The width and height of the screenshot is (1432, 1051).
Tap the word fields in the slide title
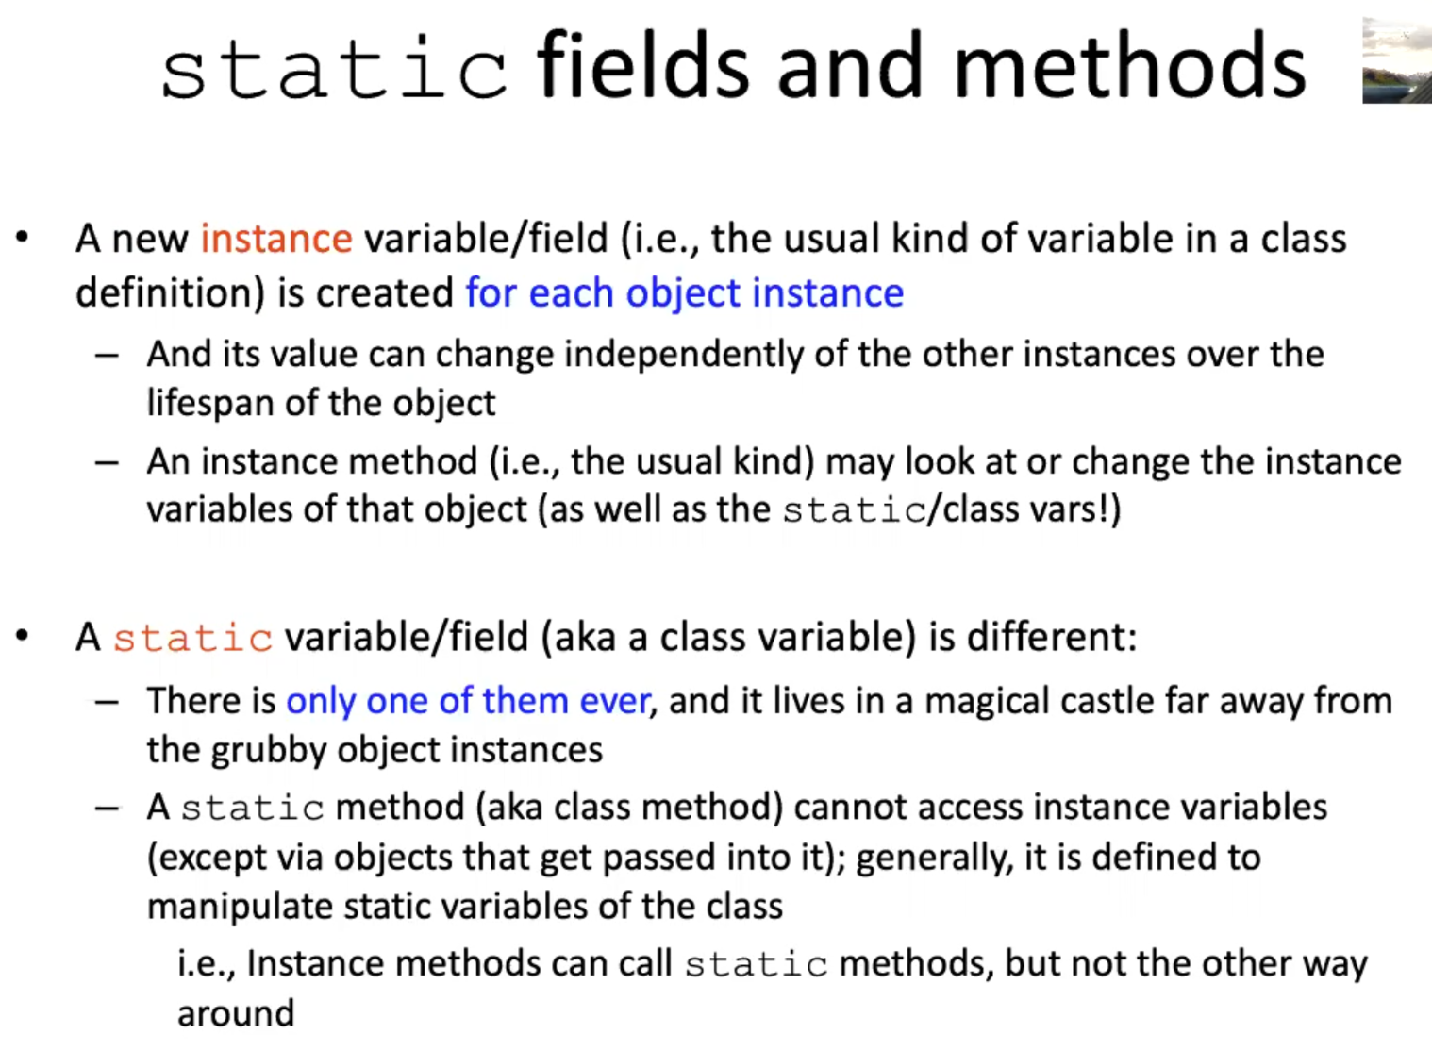tap(643, 66)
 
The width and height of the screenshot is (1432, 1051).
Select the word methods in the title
tap(1129, 66)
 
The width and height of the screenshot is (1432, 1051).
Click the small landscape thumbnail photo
tap(1397, 60)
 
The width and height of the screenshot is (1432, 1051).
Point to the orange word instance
tap(276, 239)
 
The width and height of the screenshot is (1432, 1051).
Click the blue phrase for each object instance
tap(685, 293)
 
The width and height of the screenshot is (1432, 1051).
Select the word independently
tap(679, 356)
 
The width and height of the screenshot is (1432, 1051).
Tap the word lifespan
tap(210, 404)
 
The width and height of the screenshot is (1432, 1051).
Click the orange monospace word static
tap(193, 638)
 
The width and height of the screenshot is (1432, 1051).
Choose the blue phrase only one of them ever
tap(468, 701)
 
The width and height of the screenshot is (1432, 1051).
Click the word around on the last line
tap(236, 1014)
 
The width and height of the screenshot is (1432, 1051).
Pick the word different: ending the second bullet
tap(1052, 638)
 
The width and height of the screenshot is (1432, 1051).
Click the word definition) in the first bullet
tap(171, 293)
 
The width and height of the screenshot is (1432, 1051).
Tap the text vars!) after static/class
tap(1071, 510)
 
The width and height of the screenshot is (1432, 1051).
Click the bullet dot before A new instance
tap(23, 238)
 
